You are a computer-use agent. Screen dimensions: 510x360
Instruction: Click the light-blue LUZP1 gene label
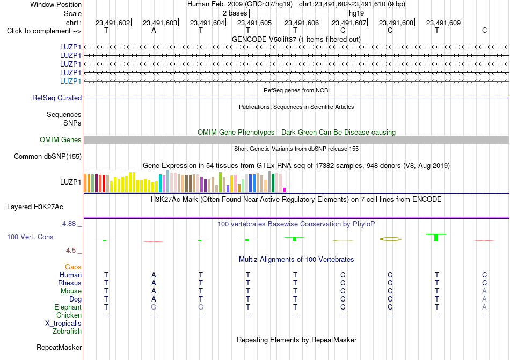point(70,81)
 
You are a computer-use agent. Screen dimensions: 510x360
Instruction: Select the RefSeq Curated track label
point(57,98)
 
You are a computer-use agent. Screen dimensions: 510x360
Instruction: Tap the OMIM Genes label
point(61,139)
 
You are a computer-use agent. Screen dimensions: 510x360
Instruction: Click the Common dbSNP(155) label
point(48,156)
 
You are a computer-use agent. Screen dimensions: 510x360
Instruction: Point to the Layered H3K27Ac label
point(35,207)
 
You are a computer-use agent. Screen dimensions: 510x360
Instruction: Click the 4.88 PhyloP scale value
point(69,224)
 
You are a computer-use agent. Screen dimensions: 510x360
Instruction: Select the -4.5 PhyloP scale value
point(70,251)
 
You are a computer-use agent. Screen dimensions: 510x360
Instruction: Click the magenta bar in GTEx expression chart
point(285,190)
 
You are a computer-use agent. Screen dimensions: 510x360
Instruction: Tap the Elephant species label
point(68,307)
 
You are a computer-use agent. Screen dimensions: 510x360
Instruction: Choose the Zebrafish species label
point(67,332)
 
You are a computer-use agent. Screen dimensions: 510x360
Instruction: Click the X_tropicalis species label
point(63,324)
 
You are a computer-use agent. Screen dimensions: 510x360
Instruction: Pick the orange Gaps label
point(73,267)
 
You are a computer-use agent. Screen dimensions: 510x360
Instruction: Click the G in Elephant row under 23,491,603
point(154,307)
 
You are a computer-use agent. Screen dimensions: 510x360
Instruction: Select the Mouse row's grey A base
point(484,291)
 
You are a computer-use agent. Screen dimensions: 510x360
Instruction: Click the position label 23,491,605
point(254,23)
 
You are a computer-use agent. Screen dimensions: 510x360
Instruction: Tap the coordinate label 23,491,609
point(443,23)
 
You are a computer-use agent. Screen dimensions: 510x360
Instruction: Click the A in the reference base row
point(154,30)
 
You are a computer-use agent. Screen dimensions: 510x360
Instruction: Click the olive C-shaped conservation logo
point(390,239)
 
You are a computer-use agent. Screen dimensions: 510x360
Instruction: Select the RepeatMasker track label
point(59,347)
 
